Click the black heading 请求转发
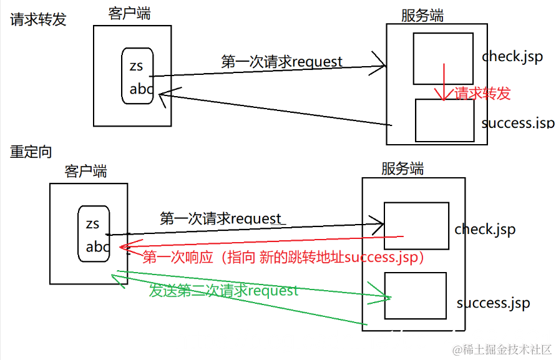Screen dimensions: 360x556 (x=37, y=19)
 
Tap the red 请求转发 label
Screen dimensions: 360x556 (x=482, y=94)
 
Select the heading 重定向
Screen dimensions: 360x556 (x=31, y=152)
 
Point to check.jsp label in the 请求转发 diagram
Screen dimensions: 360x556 (x=511, y=56)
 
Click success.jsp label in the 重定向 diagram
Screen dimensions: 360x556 (x=493, y=303)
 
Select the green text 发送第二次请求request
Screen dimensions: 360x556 (x=224, y=290)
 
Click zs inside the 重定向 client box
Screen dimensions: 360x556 (x=92, y=224)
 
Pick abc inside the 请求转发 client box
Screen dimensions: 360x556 (x=141, y=89)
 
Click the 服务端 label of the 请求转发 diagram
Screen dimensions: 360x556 (x=422, y=16)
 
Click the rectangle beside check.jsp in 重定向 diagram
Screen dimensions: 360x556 (x=416, y=225)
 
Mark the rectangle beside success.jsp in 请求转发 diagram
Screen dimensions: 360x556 (x=445, y=120)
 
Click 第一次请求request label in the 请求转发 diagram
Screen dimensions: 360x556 (x=281, y=62)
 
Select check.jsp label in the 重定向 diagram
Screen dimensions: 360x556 (x=485, y=229)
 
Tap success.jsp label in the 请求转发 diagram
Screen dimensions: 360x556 (x=517, y=122)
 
